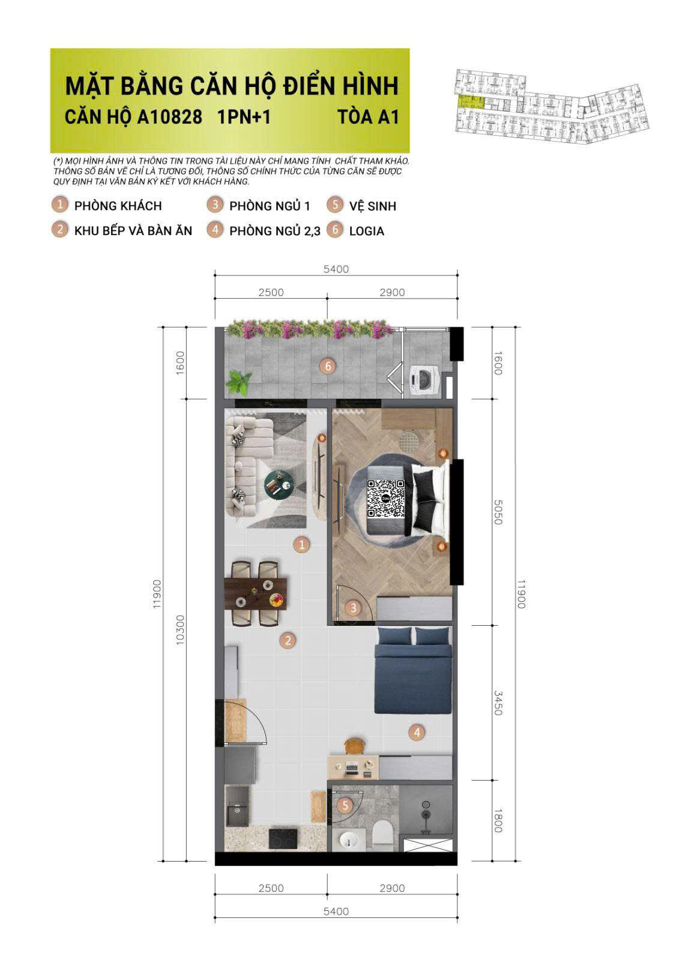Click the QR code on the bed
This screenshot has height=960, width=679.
[385, 499]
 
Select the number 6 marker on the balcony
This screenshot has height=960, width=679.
[327, 366]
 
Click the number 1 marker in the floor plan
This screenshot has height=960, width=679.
[301, 545]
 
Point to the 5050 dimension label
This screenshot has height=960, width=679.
[497, 512]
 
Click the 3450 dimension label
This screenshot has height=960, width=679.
[497, 703]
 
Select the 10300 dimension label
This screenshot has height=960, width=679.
[180, 630]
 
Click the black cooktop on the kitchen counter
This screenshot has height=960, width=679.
[282, 838]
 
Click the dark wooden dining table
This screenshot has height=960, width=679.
[255, 593]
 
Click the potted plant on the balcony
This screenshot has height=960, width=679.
[239, 382]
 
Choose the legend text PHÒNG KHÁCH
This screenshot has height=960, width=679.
[118, 206]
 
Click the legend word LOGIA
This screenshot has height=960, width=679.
[366, 231]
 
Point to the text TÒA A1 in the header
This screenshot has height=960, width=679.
[368, 116]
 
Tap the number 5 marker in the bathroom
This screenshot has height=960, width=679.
[345, 805]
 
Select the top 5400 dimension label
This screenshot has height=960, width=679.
[336, 269]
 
